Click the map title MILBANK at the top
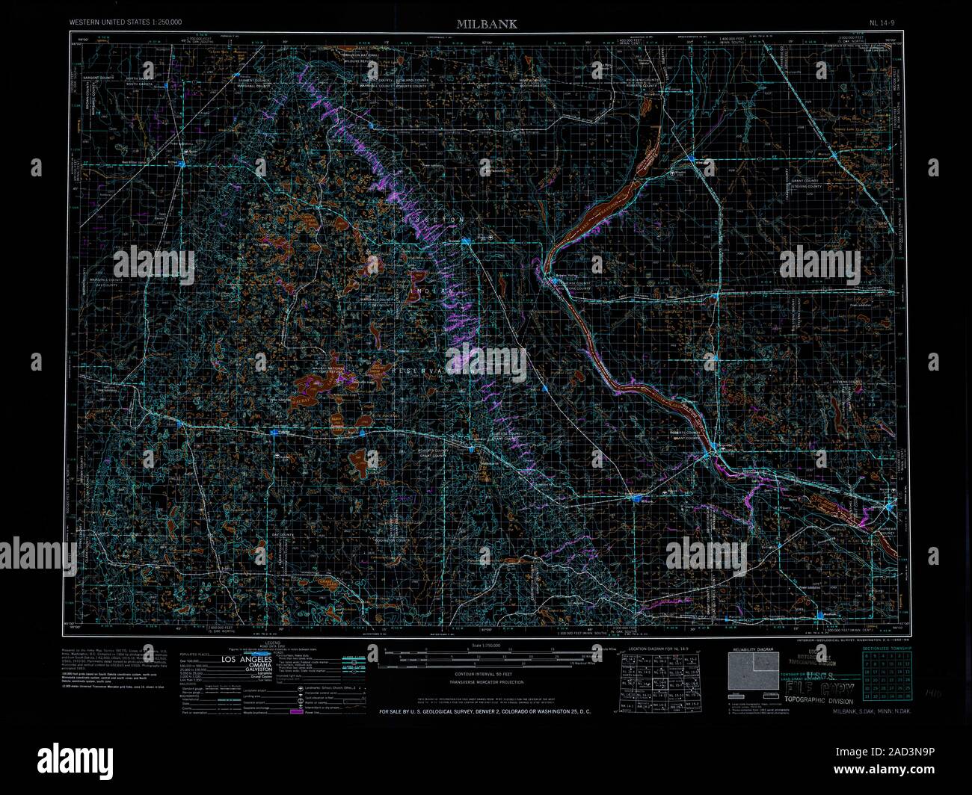pyautogui.click(x=487, y=24)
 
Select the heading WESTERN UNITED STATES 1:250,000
pyautogui.click(x=126, y=23)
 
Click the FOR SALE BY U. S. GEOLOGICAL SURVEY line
pyautogui.click(x=485, y=712)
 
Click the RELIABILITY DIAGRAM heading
pyautogui.click(x=754, y=650)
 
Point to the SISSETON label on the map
pyautogui.click(x=442, y=219)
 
